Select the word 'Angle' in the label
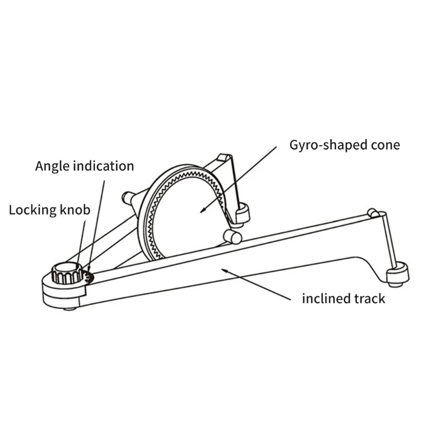coord(52,166)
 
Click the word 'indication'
coord(103,166)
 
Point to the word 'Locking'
coord(33,210)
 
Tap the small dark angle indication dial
coord(89,277)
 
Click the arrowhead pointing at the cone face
coord(203,210)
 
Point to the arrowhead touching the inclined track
coord(224,271)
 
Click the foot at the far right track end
coord(398,274)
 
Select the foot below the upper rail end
coord(242,215)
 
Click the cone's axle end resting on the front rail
coord(233,237)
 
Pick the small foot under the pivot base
coord(70,309)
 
